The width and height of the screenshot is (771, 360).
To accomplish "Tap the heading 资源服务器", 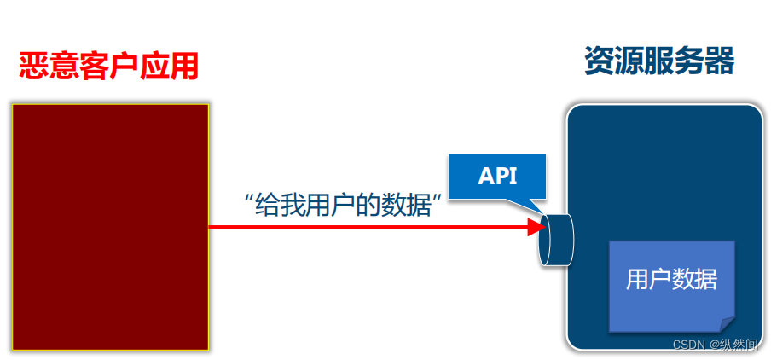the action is tap(659, 61).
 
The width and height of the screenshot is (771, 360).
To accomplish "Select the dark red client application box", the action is tap(110, 227).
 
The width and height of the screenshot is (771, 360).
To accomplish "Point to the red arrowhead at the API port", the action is tap(536, 227).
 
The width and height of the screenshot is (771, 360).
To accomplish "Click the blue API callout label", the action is tap(497, 177).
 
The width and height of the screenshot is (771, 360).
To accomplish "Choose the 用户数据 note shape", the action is tap(671, 286).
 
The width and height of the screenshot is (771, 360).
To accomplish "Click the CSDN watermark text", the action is tap(715, 345).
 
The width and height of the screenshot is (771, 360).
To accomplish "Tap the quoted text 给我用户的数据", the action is tap(346, 206).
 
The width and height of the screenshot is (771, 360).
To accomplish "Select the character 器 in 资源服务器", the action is tap(719, 61).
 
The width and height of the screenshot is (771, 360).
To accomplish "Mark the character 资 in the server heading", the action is tap(600, 61).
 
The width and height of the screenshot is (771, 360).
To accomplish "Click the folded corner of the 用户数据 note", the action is tap(726, 324).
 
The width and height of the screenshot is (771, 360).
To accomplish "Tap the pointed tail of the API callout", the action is tap(538, 209).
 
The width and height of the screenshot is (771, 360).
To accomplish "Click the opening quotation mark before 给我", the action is tap(249, 201).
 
